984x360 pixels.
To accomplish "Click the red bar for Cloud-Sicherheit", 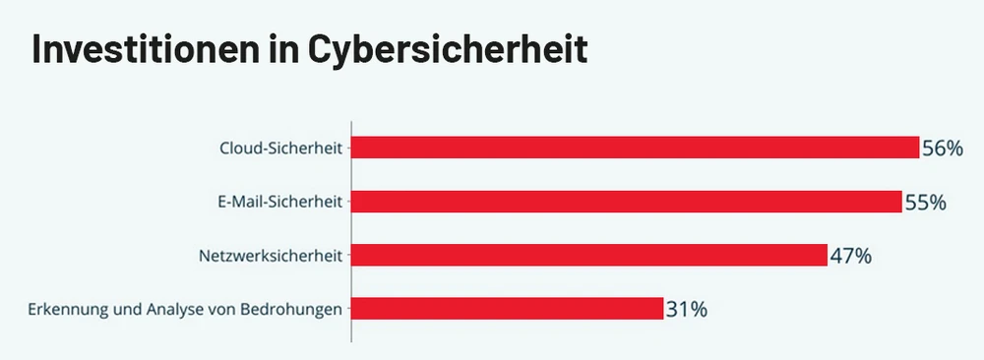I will [635, 148].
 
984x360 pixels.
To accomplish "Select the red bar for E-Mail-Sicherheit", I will [627, 202].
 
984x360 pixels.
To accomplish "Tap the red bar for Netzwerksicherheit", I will [588, 256].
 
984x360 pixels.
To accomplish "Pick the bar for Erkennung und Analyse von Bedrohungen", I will [508, 309].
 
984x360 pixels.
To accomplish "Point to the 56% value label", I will [942, 149].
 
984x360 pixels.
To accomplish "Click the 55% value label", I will [925, 203].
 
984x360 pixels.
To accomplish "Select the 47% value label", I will [850, 257].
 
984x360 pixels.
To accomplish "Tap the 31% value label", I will [686, 310].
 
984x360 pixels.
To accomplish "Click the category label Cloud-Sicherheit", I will [280, 149].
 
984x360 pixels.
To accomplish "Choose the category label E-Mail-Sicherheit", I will [279, 203].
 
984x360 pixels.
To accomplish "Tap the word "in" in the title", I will [286, 49].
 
